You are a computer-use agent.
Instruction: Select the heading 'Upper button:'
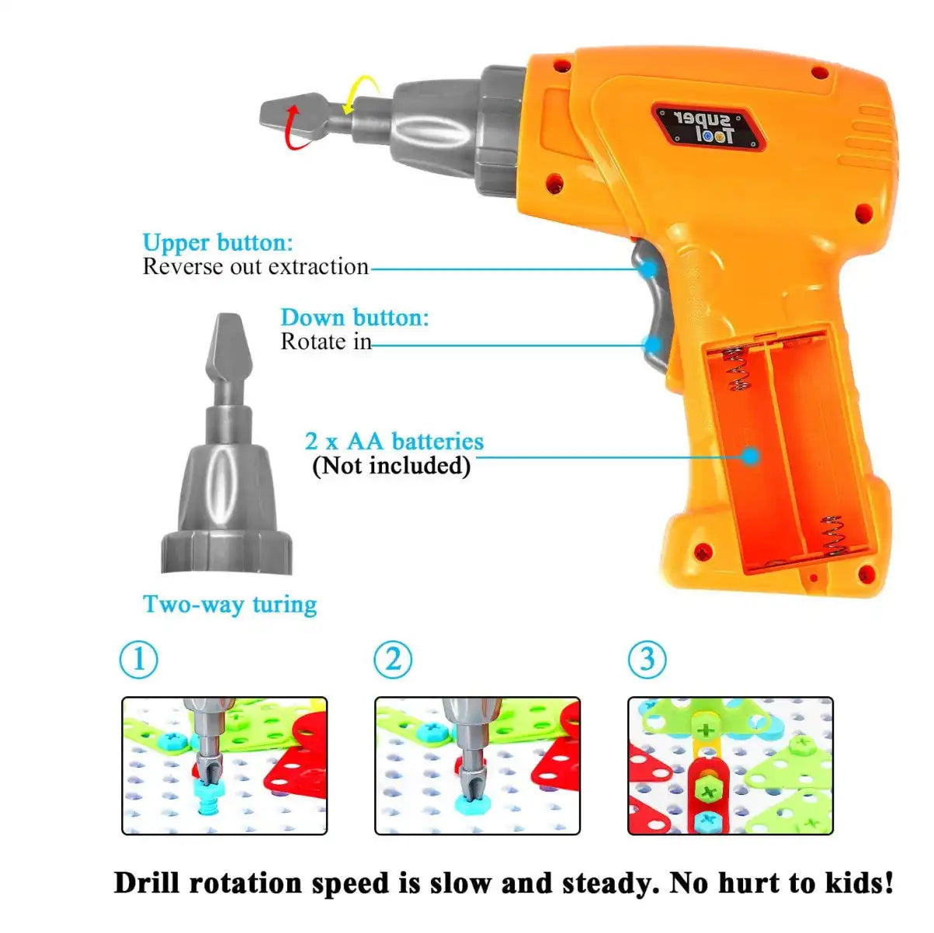pos(217,242)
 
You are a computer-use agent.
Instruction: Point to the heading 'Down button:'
pos(354,317)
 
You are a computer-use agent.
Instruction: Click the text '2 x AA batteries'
pos(394,441)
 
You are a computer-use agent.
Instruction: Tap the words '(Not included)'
pos(391,466)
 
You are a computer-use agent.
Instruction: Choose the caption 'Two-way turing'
pos(230,604)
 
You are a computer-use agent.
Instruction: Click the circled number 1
pos(139,660)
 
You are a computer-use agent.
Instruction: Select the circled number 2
pos(393,660)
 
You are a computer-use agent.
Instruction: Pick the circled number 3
pos(647,660)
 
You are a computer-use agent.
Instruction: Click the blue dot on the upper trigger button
pos(648,269)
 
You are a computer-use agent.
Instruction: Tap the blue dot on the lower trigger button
pos(653,344)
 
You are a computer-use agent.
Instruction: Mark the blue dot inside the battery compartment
pos(749,456)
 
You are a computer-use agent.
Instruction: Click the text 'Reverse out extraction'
pos(255,267)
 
